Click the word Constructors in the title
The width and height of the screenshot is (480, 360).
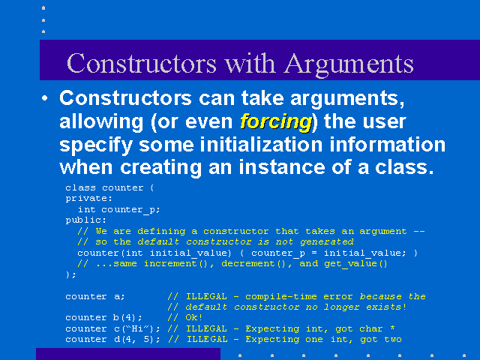pyautogui.click(x=142, y=63)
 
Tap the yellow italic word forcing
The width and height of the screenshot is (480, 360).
pyautogui.click(x=276, y=122)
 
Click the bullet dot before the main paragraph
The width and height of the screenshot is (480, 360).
pyautogui.click(x=45, y=98)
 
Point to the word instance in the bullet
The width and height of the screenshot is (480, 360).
pyautogui.click(x=282, y=167)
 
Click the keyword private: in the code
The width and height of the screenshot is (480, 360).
pyautogui.click(x=89, y=198)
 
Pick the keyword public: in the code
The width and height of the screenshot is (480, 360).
pyautogui.click(x=86, y=220)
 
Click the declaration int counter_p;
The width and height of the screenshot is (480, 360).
pyautogui.click(x=118, y=210)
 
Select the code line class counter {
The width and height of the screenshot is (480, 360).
pyautogui.click(x=109, y=187)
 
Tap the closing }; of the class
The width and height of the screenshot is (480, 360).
pyautogui.click(x=70, y=274)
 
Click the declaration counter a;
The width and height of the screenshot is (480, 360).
pyautogui.click(x=95, y=297)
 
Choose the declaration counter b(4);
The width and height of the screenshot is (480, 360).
pyautogui.click(x=103, y=318)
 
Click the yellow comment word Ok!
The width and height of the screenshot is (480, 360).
pyautogui.click(x=193, y=317)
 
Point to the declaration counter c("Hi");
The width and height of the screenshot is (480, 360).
pyautogui.click(x=112, y=328)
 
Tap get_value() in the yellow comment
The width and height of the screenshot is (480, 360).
pyautogui.click(x=355, y=264)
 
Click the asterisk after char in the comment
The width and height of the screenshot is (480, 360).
pyautogui.click(x=392, y=328)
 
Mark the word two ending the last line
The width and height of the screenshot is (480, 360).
pyautogui.click(x=393, y=339)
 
